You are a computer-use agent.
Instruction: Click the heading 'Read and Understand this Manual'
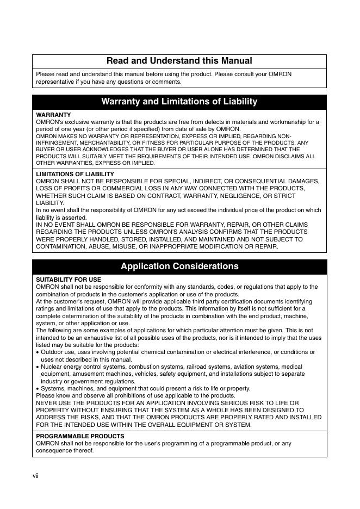click(179, 61)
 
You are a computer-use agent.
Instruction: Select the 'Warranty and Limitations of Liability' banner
click(179, 102)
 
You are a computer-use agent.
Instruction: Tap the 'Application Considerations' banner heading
click(179, 266)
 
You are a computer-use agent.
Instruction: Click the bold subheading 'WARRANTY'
click(53, 115)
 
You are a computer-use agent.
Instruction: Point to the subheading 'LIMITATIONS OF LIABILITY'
click(75, 174)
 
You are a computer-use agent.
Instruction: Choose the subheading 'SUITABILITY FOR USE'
click(69, 280)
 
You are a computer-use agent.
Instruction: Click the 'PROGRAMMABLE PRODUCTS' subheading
click(80, 436)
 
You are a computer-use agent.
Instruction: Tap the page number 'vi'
click(35, 476)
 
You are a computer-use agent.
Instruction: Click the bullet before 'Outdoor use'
click(38, 352)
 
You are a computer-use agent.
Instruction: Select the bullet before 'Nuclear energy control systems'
click(38, 367)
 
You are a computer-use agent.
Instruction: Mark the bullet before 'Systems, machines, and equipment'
click(38, 389)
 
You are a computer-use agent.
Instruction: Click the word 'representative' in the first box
click(54, 82)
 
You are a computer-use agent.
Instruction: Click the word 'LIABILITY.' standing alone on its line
click(50, 203)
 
